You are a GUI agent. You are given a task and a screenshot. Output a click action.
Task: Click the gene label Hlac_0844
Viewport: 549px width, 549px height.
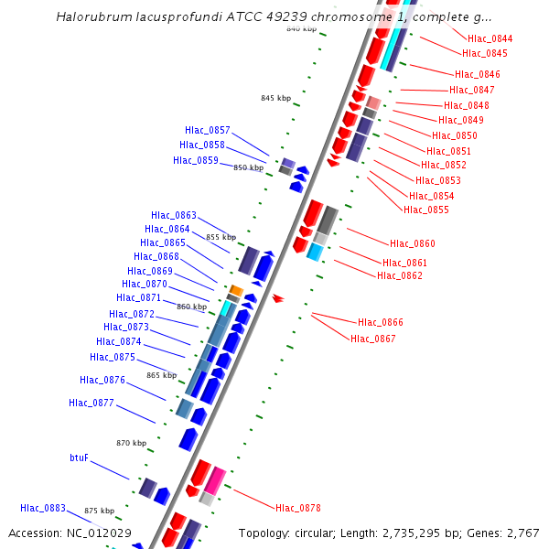pyautogui.click(x=490, y=38)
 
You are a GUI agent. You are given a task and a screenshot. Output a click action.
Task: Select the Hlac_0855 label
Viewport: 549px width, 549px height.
pyautogui.click(x=426, y=210)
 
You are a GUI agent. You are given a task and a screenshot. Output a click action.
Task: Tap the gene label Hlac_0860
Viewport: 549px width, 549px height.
pyautogui.click(x=413, y=243)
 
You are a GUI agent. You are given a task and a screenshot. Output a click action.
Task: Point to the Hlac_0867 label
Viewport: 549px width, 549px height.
pyautogui.click(x=373, y=339)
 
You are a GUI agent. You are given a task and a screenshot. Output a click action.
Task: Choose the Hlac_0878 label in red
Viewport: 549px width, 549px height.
pyautogui.click(x=298, y=508)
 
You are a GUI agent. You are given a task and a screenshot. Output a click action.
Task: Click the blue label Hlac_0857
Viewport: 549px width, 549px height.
pyautogui.click(x=208, y=130)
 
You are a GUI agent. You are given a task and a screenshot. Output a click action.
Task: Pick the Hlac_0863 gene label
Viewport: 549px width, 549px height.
pyautogui.click(x=174, y=215)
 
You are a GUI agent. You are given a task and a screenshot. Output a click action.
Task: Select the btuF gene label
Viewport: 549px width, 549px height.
pyautogui.click(x=80, y=457)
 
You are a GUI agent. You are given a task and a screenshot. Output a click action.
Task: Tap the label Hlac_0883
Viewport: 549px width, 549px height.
pyautogui.click(x=43, y=508)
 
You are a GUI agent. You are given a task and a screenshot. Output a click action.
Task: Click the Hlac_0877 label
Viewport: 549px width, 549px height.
pyautogui.click(x=91, y=403)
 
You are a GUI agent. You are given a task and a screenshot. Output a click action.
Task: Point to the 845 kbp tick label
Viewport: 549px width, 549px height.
pyautogui.click(x=275, y=98)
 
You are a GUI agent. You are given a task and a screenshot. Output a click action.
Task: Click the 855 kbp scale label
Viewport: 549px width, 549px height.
pyautogui.click(x=221, y=237)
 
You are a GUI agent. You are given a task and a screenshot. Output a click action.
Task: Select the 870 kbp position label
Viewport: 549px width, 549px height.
pyautogui.click(x=131, y=443)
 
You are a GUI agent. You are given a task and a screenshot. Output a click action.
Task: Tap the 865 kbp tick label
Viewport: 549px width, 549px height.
pyautogui.click(x=161, y=375)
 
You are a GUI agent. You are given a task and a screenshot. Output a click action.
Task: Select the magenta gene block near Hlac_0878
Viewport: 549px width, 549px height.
pyautogui.click(x=215, y=480)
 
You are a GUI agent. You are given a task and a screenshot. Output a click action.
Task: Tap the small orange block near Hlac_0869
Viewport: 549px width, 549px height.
pyautogui.click(x=235, y=290)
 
